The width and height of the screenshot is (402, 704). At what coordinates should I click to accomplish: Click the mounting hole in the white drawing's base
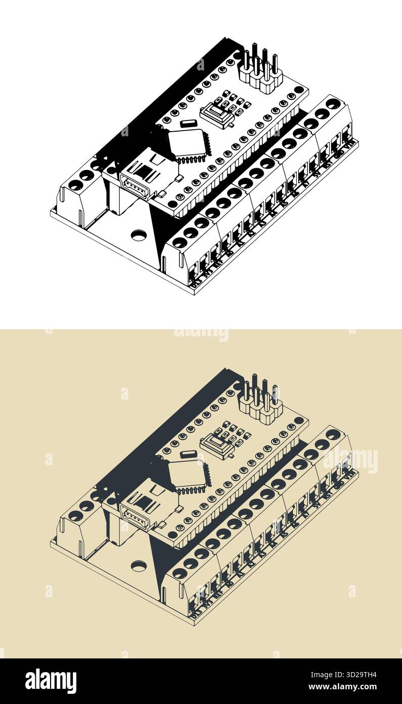[138, 235]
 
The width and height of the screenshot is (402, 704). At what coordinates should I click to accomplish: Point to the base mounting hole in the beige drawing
[138, 566]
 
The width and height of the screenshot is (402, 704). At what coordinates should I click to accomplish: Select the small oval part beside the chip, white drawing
[188, 123]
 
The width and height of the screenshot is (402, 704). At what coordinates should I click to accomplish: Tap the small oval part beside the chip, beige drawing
[188, 454]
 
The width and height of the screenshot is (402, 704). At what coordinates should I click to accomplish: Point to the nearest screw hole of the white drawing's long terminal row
[180, 243]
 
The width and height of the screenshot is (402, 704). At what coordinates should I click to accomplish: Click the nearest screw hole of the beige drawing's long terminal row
[180, 573]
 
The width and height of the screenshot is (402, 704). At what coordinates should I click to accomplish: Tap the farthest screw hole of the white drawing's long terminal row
[333, 103]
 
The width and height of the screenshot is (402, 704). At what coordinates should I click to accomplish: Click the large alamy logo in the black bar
[51, 681]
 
